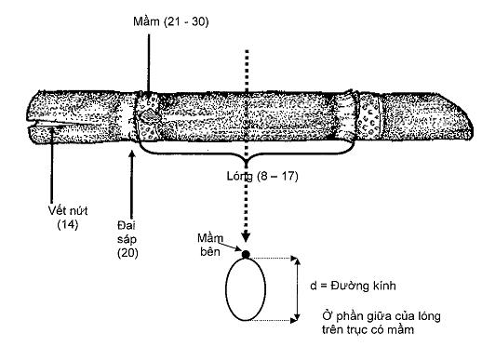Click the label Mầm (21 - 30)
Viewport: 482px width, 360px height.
click(x=171, y=21)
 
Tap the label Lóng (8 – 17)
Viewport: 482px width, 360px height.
click(x=262, y=176)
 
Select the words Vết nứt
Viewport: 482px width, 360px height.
click(x=68, y=210)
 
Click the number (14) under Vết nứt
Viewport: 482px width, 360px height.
click(x=68, y=224)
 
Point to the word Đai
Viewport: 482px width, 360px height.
click(x=127, y=225)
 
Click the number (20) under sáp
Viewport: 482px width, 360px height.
click(x=127, y=253)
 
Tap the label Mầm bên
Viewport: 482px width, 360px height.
click(x=210, y=245)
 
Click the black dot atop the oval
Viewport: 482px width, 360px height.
click(x=246, y=255)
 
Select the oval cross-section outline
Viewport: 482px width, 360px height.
click(x=225, y=289)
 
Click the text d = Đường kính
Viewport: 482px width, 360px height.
click(x=353, y=286)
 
